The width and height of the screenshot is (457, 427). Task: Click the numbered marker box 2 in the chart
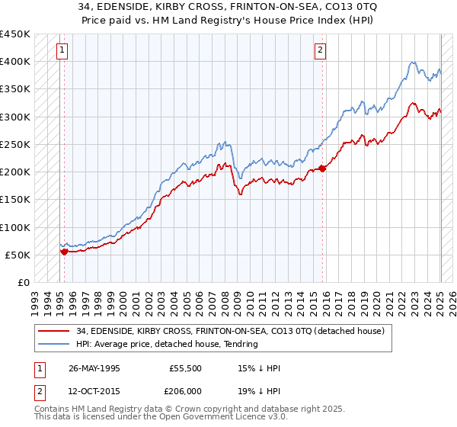click(x=320, y=51)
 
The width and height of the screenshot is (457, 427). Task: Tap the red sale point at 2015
click(x=322, y=168)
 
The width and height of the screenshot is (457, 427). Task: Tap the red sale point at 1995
click(x=64, y=251)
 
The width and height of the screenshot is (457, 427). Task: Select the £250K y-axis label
click(x=15, y=144)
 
